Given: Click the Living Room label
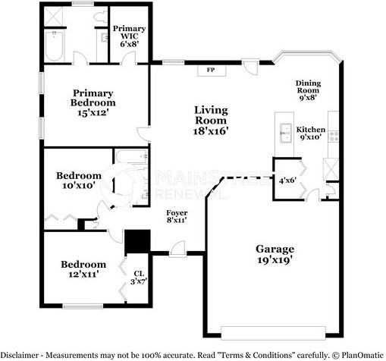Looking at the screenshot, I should coord(210,120).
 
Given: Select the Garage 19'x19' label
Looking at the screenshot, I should coord(274,253).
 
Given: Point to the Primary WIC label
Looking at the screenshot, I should coord(129,36).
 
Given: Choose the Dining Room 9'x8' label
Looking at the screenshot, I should coord(308,90).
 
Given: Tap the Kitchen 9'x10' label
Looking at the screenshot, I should coord(310,134).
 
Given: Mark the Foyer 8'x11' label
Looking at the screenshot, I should coord(177,217).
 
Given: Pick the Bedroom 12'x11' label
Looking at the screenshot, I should coord(83,268).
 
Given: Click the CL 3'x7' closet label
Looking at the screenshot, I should coord(138,278).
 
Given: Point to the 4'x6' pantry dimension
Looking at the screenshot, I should coord(287,180).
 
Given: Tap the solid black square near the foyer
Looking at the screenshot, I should coord(137,241).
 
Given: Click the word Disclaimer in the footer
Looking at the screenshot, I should coord(21,354).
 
